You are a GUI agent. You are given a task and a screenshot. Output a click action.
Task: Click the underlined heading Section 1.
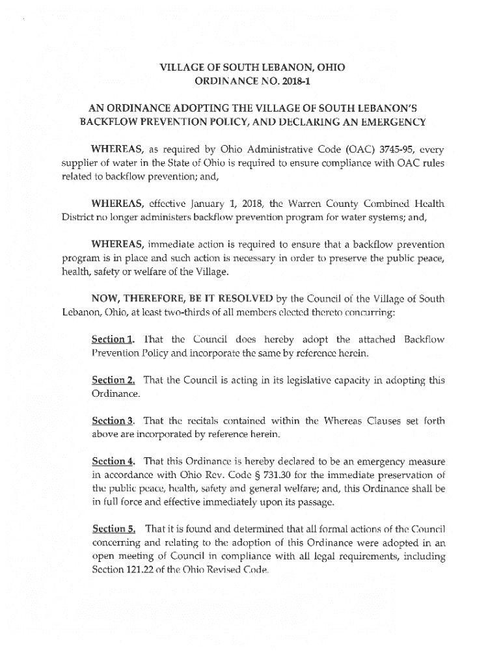pos(114,340)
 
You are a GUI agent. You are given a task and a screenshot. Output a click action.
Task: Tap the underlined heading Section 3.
pos(114,421)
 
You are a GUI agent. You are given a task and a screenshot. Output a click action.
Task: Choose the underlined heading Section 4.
pos(114,461)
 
